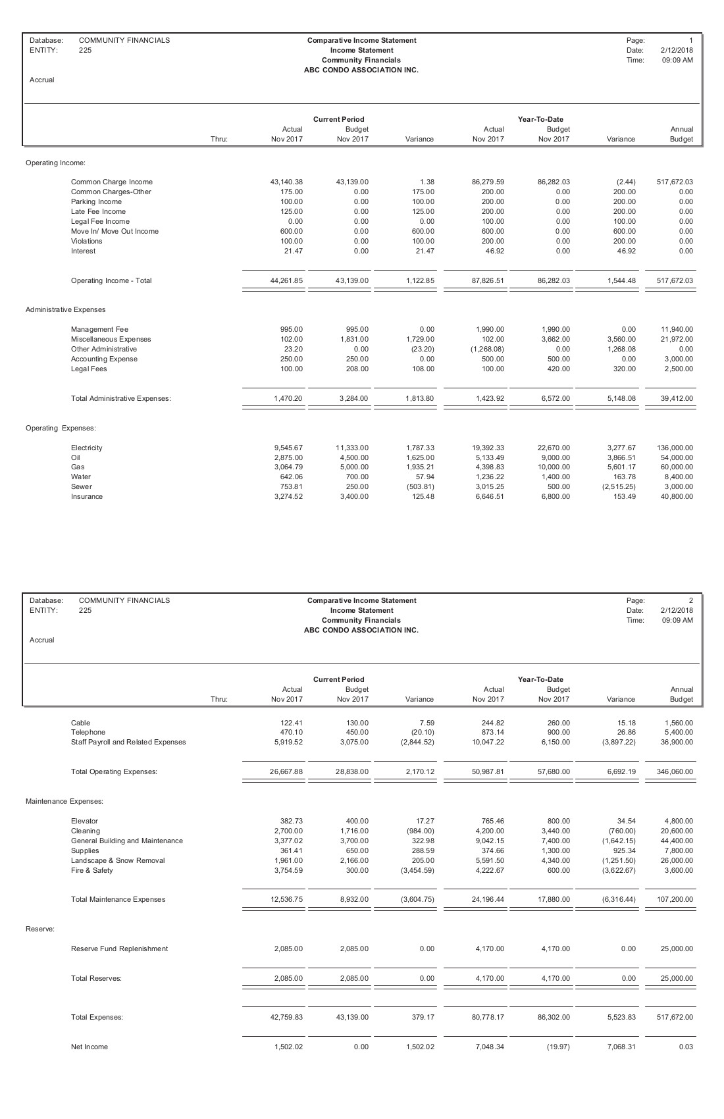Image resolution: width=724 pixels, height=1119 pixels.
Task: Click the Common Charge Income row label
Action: point(111,182)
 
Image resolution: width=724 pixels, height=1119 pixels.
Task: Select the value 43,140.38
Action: point(286,182)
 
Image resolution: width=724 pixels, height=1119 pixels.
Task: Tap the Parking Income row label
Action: point(96,201)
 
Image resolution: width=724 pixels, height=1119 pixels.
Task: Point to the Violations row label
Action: point(87,241)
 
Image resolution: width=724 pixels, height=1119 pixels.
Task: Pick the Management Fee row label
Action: point(99,329)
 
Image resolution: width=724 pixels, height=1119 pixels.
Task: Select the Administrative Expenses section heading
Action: point(65,309)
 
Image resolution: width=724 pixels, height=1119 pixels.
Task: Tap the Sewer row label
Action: point(82,486)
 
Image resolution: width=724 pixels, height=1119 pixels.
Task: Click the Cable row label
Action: point(80,722)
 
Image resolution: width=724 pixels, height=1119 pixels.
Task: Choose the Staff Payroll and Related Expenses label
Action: point(128,742)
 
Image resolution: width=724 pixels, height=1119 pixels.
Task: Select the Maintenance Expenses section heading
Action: point(65,801)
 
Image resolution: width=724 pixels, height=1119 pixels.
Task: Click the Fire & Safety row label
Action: point(91,870)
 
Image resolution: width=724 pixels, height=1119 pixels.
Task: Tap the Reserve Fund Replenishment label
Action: point(119,949)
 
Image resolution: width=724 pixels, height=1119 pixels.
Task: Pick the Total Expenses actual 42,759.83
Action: point(286,1017)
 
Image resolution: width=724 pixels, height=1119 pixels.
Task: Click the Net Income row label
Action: point(90,1047)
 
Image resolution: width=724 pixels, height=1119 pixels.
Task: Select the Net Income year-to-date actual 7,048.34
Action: point(488,1047)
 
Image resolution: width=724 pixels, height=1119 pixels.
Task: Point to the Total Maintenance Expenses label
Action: point(118,899)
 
